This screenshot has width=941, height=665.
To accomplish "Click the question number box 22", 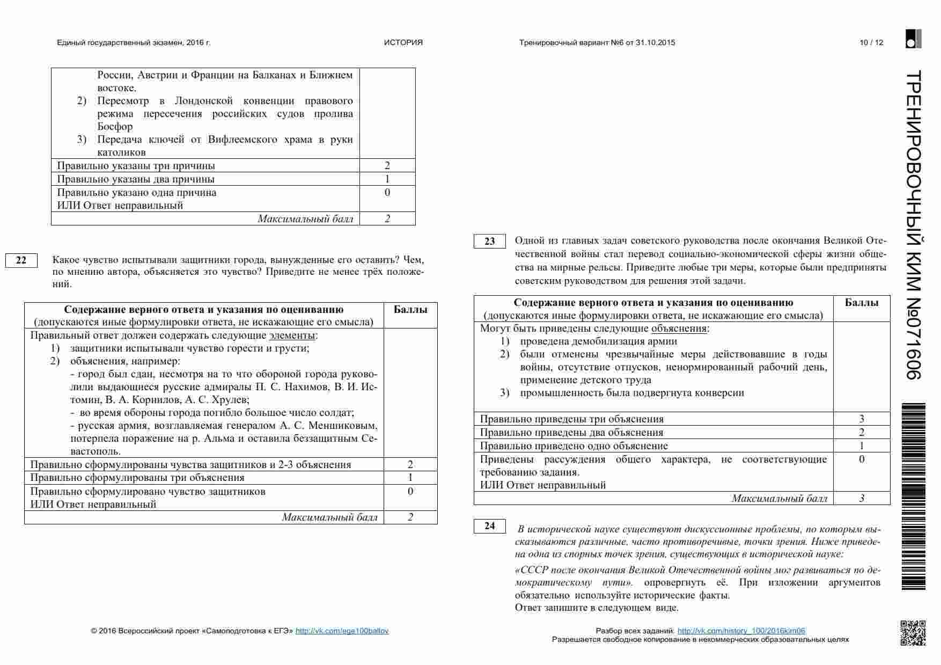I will pyautogui.click(x=21, y=260).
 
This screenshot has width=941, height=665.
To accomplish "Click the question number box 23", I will pyautogui.click(x=489, y=242).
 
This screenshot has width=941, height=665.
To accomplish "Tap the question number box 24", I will pyautogui.click(x=489, y=526).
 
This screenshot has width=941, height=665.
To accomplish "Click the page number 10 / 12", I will pyautogui.click(x=871, y=43).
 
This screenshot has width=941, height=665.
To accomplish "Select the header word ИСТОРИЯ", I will pyautogui.click(x=403, y=43).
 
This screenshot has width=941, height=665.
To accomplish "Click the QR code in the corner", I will pyautogui.click(x=913, y=633).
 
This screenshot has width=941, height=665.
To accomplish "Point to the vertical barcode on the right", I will pyautogui.click(x=913, y=496).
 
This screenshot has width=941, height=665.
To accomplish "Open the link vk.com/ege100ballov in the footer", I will pyautogui.click(x=342, y=631).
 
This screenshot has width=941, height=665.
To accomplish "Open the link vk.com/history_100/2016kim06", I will pyautogui.click(x=741, y=631).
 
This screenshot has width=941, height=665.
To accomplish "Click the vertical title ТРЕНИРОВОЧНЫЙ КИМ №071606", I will pyautogui.click(x=913, y=225).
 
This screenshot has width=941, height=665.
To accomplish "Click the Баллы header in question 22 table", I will pyautogui.click(x=410, y=310).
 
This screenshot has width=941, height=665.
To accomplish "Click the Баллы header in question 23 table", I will pyautogui.click(x=861, y=303).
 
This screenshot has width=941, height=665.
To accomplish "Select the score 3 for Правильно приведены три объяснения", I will pyautogui.click(x=861, y=419).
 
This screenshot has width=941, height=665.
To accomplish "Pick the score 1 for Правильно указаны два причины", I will pyautogui.click(x=387, y=179).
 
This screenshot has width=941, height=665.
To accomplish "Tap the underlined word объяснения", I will pyautogui.click(x=678, y=328).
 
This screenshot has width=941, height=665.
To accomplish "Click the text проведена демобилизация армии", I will pyautogui.click(x=598, y=341).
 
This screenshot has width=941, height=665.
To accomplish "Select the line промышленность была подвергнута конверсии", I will pyautogui.click(x=632, y=393).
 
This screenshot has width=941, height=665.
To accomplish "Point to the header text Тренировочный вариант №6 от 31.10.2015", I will pyautogui.click(x=597, y=43).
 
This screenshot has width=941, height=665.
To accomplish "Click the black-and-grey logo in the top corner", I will pyautogui.click(x=913, y=39).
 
